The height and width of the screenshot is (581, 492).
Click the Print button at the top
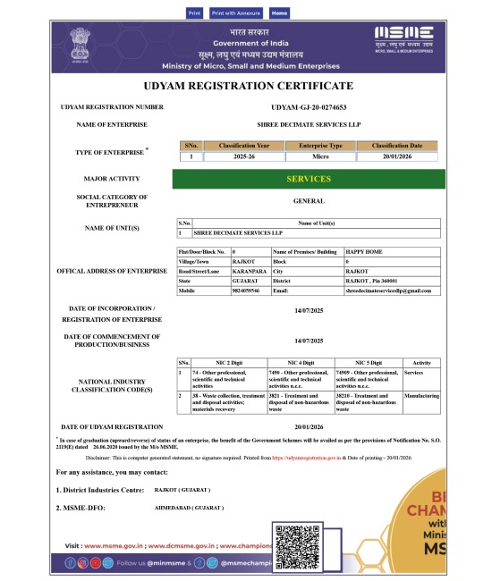coord(194,13)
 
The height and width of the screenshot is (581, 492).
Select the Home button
coord(279,13)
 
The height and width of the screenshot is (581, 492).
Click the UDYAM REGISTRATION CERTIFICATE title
coord(248,86)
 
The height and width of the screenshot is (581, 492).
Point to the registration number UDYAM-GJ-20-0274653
coord(308,107)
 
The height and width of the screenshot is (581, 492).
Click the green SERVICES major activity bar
coord(308,180)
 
